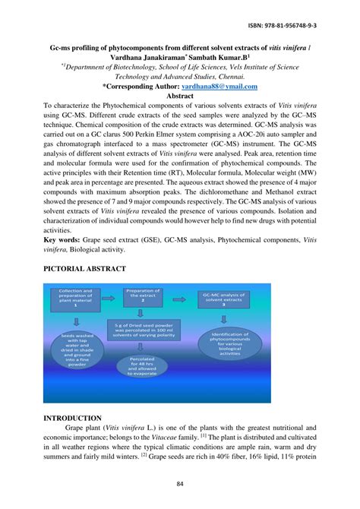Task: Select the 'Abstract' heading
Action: click(179, 97)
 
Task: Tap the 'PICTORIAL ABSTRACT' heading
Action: click(84, 269)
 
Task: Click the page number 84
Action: click(180, 485)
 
